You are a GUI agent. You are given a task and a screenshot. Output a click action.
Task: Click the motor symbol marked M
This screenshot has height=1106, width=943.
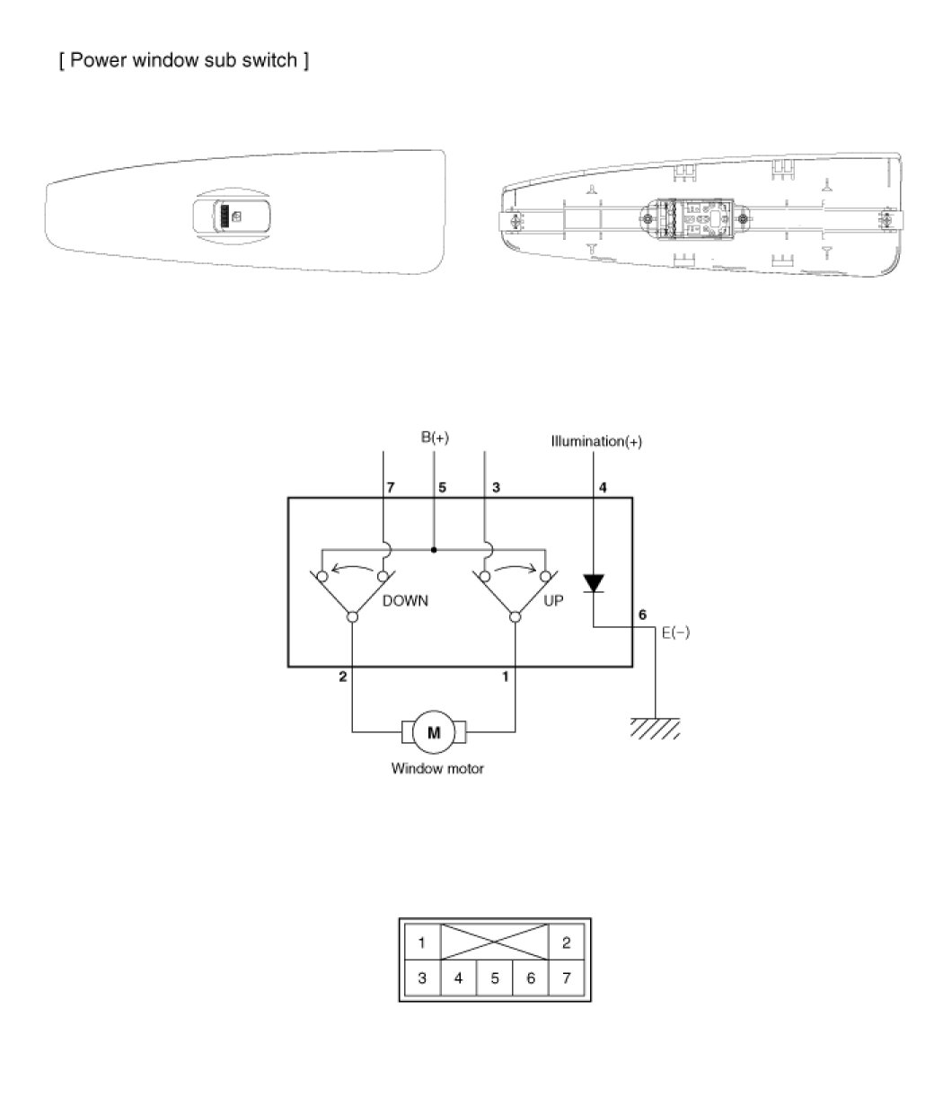434,732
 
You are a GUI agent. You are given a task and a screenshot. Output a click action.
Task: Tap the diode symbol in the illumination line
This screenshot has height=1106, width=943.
594,583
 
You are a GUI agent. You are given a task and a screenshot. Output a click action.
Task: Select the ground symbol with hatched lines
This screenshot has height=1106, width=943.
656,729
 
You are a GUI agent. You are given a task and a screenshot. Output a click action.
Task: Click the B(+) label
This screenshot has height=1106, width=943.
435,438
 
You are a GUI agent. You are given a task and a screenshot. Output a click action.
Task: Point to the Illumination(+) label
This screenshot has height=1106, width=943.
596,441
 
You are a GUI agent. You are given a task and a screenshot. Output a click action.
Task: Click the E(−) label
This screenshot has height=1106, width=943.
676,633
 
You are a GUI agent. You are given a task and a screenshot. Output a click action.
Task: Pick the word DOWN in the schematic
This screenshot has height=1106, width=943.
405,601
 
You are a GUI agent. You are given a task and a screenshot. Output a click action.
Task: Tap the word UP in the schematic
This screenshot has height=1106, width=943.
553,601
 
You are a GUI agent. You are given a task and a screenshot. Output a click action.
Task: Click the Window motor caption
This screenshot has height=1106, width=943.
437,768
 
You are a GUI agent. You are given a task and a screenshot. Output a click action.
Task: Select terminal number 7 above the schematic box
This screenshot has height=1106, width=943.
391,488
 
